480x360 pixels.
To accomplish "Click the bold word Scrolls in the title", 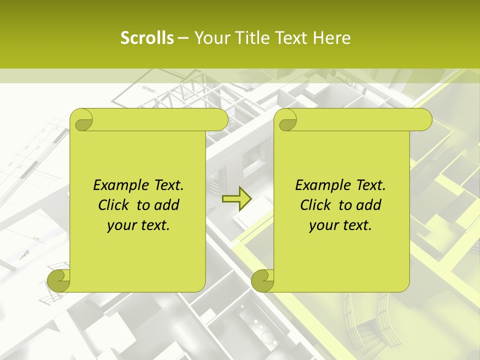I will [x=147, y=38].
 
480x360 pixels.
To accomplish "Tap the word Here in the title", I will [x=332, y=38].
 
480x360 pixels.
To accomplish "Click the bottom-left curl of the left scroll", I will [x=59, y=280].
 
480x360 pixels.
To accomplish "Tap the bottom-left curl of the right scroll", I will [x=263, y=280].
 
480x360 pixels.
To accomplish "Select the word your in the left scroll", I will [x=120, y=225].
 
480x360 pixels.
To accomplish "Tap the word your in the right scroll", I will [x=322, y=225].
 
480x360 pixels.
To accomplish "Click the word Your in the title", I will [x=210, y=38].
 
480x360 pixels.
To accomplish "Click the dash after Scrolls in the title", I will [x=183, y=38].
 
